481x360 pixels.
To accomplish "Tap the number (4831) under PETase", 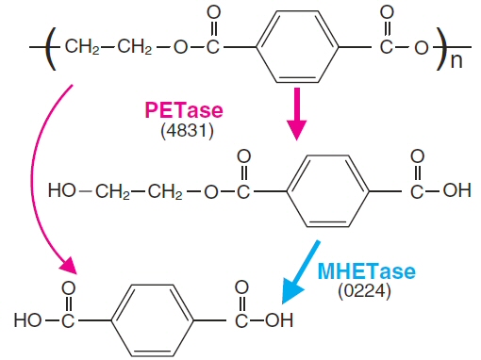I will coord(181,129).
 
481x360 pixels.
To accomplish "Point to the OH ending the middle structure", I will coord(456,191).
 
